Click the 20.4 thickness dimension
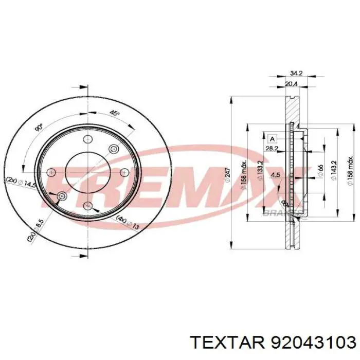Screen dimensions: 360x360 pyautogui.click(x=291, y=84)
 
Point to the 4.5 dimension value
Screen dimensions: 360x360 pyautogui.click(x=276, y=174)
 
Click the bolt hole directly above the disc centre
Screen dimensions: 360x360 pyautogui.click(x=87, y=139)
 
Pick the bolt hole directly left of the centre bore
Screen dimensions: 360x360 pyautogui.click(x=51, y=173)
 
